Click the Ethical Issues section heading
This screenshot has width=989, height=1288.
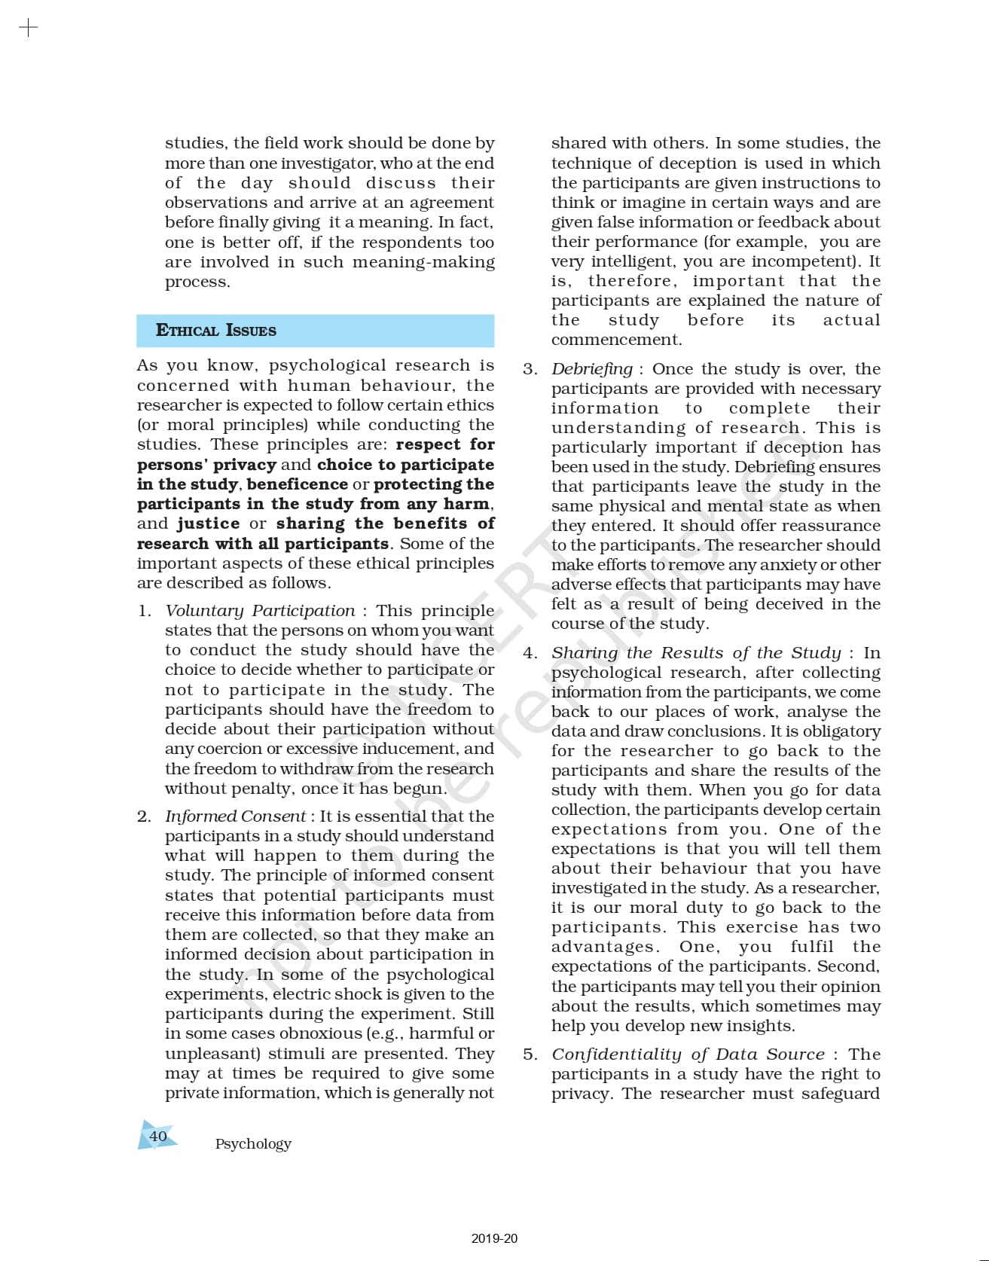(x=216, y=330)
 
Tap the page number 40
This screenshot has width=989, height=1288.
(x=158, y=1136)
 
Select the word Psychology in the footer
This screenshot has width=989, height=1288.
(x=253, y=1143)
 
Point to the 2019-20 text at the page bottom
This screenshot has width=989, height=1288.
(x=494, y=1238)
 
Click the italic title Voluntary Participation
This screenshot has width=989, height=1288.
(x=260, y=611)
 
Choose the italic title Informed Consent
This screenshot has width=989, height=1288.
(x=236, y=816)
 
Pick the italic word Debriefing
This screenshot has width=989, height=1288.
(x=592, y=369)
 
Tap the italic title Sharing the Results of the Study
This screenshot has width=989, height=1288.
(x=696, y=653)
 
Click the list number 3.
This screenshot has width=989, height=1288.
(x=530, y=369)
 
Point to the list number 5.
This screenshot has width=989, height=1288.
(x=530, y=1055)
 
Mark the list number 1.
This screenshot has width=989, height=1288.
(x=144, y=611)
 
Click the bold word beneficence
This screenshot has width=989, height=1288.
(x=298, y=484)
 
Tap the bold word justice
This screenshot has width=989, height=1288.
(x=209, y=523)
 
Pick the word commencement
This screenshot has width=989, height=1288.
(x=616, y=340)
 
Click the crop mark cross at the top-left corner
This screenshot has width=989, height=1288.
(x=28, y=29)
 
